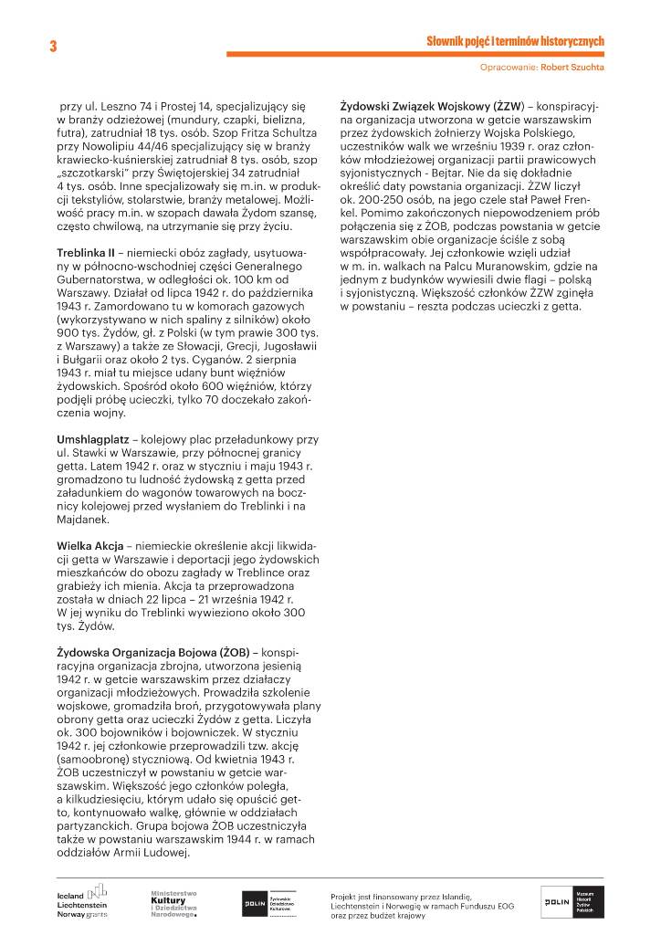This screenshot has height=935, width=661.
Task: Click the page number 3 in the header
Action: coord(53,47)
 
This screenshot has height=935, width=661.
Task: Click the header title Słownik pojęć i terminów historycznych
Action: coord(515,41)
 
